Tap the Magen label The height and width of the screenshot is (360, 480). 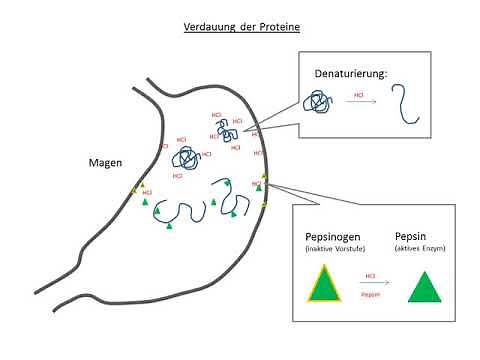[x=105, y=163]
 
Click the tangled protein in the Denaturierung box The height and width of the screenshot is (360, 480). [x=319, y=103]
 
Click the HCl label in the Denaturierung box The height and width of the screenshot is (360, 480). [x=358, y=96]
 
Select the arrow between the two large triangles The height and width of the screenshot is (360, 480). [x=370, y=284]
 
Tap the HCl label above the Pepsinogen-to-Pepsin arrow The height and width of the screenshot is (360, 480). [x=370, y=274]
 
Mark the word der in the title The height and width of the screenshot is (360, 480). [x=245, y=27]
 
